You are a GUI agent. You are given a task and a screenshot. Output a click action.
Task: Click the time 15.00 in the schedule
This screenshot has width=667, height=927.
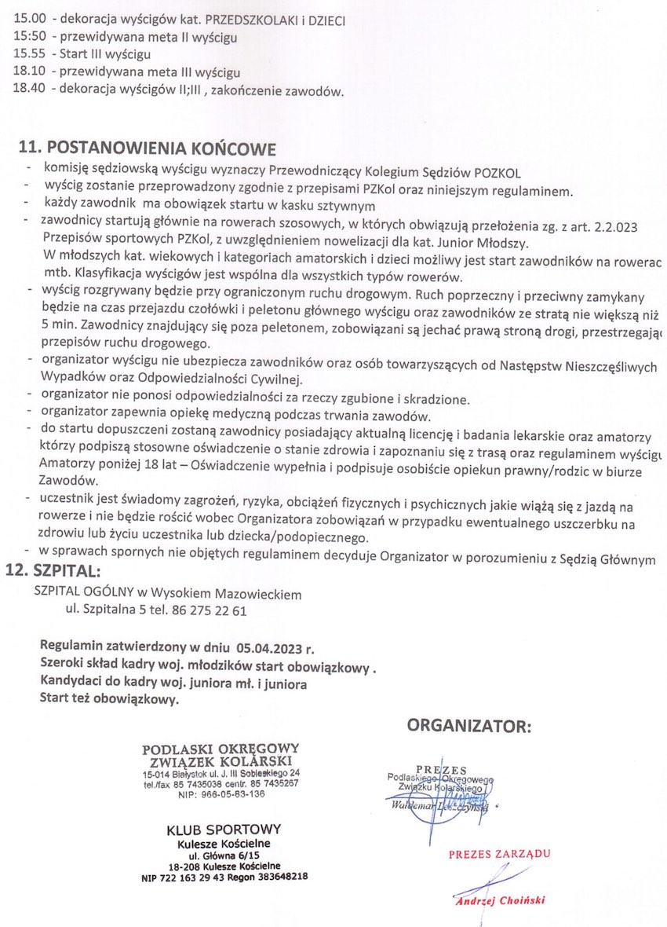[x=27, y=20]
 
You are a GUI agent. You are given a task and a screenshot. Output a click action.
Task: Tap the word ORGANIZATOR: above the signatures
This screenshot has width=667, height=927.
[x=468, y=725]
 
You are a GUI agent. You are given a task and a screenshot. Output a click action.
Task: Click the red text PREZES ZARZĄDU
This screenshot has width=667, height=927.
[x=499, y=854]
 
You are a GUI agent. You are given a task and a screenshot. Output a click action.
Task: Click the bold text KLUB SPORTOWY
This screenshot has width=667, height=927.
[x=224, y=830]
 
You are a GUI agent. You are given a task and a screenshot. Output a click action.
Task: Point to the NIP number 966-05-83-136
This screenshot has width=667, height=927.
[x=232, y=793]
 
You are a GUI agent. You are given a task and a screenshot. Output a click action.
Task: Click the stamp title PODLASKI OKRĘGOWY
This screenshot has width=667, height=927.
[x=221, y=749]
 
